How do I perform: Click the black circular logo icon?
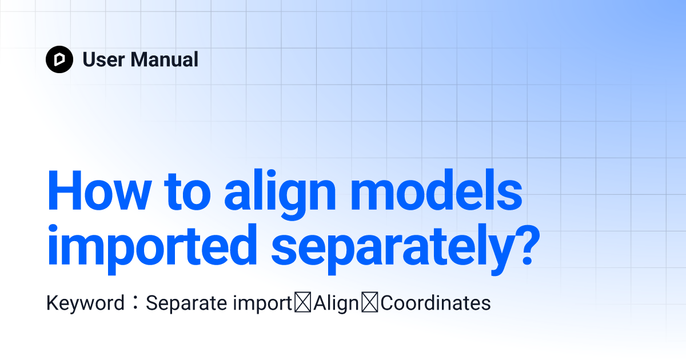pyautogui.click(x=59, y=59)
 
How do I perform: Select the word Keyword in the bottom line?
pyautogui.click(x=85, y=303)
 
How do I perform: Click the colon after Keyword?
pyautogui.click(x=134, y=303)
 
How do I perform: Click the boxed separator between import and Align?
pyautogui.click(x=303, y=303)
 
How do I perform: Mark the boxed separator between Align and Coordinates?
pyautogui.click(x=371, y=303)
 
